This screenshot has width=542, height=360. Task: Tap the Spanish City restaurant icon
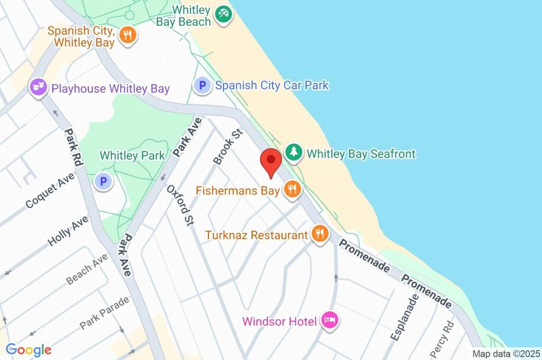click(128, 36)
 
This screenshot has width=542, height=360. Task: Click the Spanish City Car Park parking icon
click(202, 85)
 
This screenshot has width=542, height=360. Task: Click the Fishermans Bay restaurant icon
click(292, 190)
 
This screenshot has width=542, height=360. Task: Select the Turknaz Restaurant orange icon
click(319, 234)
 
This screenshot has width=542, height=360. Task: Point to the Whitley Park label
click(132, 156)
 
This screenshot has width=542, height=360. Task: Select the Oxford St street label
click(179, 206)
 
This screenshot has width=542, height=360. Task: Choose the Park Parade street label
click(104, 312)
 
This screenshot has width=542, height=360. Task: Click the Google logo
click(29, 350)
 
